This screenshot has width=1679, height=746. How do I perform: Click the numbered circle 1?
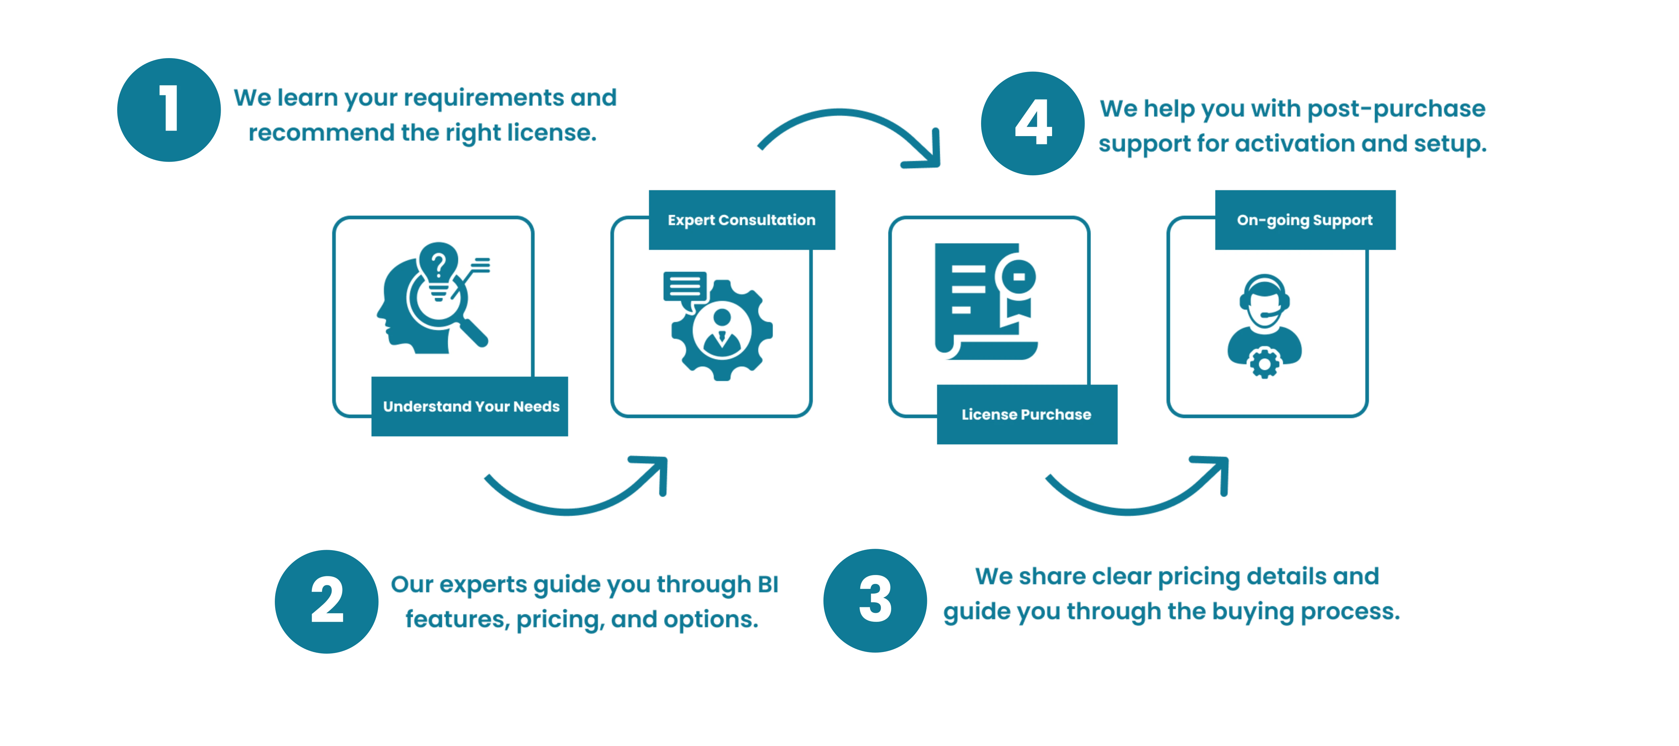170,109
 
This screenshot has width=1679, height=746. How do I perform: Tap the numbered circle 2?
327,601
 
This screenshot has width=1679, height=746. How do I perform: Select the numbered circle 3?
876,600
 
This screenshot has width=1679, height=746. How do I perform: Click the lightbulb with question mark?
439,269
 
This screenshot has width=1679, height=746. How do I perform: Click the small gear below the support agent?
1264,363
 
